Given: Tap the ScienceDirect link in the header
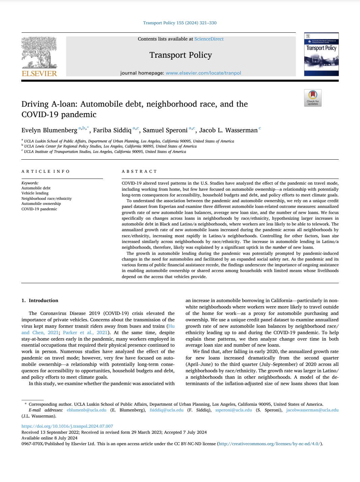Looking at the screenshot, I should click(x=209, y=39).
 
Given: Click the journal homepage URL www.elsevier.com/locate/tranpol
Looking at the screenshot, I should click(x=203, y=73).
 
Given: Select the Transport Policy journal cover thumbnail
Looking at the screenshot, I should click(x=321, y=54).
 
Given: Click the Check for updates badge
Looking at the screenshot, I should click(x=313, y=98).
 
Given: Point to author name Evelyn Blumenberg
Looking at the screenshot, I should click(x=49, y=130).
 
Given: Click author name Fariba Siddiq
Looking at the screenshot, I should click(x=112, y=130).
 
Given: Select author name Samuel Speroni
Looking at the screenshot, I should click(x=165, y=130).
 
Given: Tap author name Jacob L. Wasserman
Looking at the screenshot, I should click(x=228, y=130).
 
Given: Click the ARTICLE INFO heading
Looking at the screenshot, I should click(x=46, y=171).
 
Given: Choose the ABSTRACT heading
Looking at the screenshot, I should click(x=139, y=171).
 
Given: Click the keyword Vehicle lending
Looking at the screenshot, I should click(x=35, y=193).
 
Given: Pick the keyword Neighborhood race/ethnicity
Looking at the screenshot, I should click(x=47, y=198).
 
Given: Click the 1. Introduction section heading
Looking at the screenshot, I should click(x=40, y=300).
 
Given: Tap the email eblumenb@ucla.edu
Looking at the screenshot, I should click(x=86, y=410).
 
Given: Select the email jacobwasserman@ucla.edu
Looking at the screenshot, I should click(x=312, y=410).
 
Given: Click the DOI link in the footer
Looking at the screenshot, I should click(x=67, y=426).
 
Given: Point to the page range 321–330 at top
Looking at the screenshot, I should click(x=208, y=23).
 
